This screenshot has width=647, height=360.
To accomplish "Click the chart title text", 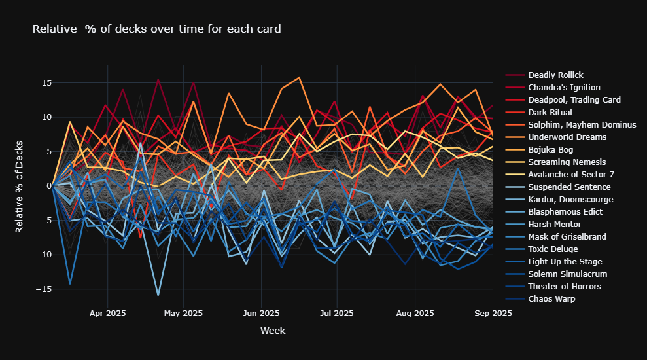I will tap(156, 29).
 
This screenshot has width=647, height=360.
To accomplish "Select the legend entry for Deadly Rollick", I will tap(555, 75).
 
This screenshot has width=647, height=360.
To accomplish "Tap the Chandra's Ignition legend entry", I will tap(564, 88).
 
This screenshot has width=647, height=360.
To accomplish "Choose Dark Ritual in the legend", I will tap(551, 113).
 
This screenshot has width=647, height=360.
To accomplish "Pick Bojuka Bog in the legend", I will tap(550, 150).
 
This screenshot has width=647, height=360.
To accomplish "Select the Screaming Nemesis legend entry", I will tap(565, 162).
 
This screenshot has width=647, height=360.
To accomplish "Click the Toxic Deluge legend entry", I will tap(553, 249).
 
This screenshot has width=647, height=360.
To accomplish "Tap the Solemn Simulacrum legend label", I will tap(565, 274).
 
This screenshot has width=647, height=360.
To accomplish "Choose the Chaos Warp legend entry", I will tap(551, 299).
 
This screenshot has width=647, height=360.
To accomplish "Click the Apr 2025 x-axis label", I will tap(107, 314).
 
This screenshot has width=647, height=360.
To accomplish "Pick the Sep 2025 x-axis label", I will tap(492, 314).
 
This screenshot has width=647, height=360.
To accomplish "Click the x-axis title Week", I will tap(272, 331).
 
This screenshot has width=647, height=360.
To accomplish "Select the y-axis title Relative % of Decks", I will tap(20, 186).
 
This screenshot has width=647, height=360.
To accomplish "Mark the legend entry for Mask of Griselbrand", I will tap(567, 237).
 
